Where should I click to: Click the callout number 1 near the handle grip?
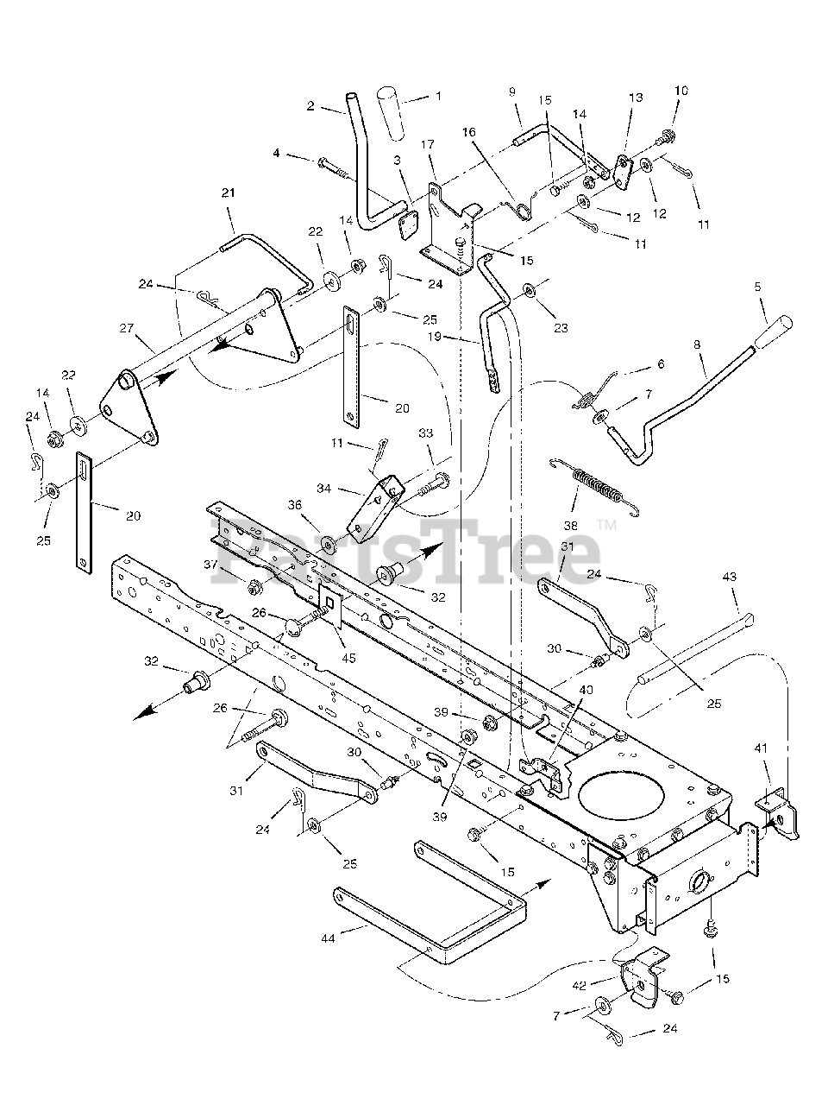437,96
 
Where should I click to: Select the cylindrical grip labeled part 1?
394,111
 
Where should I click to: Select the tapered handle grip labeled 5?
775,331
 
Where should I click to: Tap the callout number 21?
229,193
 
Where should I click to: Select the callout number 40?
586,689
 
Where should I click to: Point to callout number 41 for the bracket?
760,746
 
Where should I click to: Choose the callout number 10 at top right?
681,91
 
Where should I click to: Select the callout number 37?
210,564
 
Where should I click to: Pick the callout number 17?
429,145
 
